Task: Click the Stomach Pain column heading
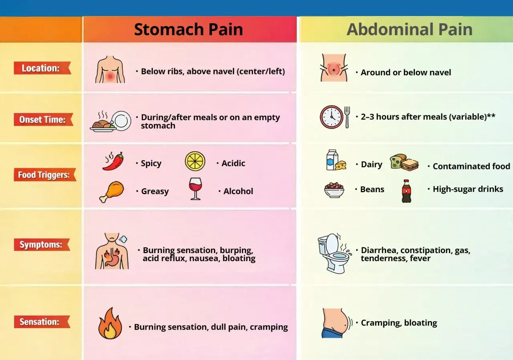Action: tap(188, 30)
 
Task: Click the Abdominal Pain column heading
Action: tap(410, 30)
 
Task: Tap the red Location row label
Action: tap(42, 68)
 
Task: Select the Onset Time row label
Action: tap(43, 119)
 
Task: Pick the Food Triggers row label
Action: tap(45, 175)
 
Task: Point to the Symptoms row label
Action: tap(42, 244)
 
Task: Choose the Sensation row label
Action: tap(42, 322)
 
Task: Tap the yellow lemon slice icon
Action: tap(195, 161)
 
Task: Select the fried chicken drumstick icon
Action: tap(112, 192)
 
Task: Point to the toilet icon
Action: tap(334, 253)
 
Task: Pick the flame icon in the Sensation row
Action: tap(110, 323)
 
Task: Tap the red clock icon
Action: tap(331, 117)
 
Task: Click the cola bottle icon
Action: tap(406, 191)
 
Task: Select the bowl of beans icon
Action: tap(334, 190)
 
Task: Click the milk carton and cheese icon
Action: tap(336, 160)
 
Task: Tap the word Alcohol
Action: tap(238, 191)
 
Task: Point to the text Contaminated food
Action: tap(471, 166)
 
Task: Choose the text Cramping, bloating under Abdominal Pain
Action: tap(399, 323)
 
